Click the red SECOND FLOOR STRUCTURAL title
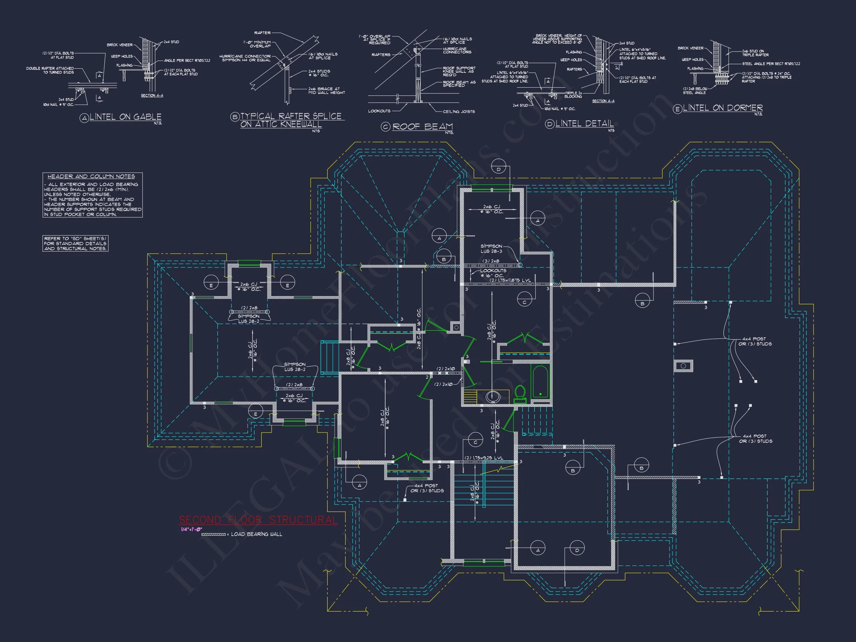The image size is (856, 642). point(258,520)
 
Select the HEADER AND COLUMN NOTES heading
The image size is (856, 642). point(91,176)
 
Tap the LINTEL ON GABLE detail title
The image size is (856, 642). point(126,117)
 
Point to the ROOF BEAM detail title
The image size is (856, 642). point(422,127)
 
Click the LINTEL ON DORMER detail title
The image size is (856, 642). point(723,108)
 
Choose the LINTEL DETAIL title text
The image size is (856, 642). point(584,123)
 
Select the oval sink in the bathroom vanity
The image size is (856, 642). point(493,397)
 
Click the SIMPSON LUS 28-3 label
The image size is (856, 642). point(491,249)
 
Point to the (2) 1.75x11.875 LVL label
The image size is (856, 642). point(510,280)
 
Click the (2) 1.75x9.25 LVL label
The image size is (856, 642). point(484,458)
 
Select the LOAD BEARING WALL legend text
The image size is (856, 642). point(257,534)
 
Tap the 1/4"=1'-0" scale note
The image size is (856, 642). point(192,529)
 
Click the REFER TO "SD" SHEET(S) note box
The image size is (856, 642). point(75,243)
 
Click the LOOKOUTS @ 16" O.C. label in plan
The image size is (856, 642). point(493,273)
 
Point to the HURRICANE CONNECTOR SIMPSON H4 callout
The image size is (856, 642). point(245,58)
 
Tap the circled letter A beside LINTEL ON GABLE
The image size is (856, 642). point(84,118)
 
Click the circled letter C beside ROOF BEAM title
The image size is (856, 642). point(385,127)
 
